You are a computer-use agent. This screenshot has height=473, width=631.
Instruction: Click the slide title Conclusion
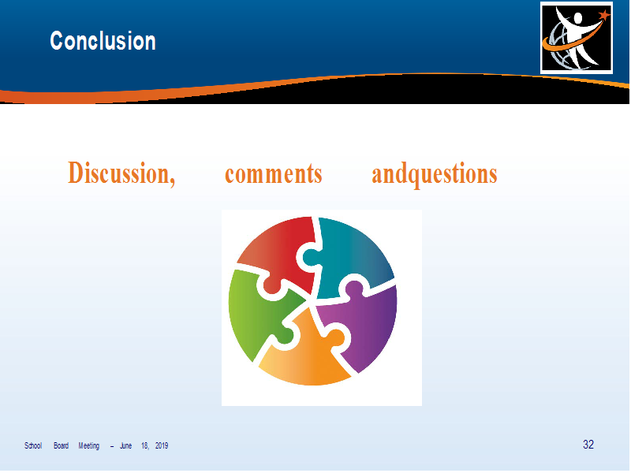coord(103,41)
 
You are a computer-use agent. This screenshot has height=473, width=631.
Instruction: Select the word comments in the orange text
coord(273,173)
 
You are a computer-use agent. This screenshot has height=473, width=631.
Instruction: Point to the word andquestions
coord(435,174)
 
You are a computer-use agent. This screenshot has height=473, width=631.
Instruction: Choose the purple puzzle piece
coord(364,322)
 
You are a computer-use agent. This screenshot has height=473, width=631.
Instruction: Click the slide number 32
coord(588,445)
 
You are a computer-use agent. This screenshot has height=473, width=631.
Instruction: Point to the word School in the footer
coord(33,445)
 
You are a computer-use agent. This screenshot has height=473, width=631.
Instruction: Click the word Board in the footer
coord(62,445)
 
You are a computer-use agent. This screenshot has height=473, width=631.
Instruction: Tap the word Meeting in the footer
coord(89,446)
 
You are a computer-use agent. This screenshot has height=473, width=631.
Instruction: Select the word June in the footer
coord(126,445)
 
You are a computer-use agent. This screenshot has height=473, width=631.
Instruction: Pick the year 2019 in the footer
coord(162,445)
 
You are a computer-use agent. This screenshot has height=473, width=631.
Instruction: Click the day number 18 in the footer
coord(145,445)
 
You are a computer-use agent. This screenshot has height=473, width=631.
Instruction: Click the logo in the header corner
coord(577,38)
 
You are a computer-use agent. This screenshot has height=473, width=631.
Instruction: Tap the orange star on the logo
coord(604,15)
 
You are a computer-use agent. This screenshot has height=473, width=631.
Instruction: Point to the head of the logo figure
coord(578,18)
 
